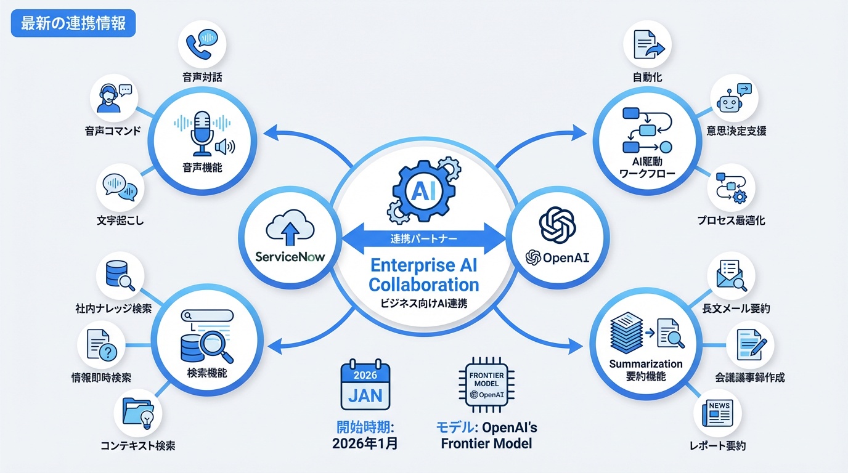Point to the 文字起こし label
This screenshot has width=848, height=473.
(x=120, y=219)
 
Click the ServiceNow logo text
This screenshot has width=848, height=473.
(x=290, y=256)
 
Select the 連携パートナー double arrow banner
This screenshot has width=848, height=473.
(x=422, y=237)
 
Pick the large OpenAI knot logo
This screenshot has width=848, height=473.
(x=557, y=224)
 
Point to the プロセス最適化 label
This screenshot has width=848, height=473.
(x=732, y=219)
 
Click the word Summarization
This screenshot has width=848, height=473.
(x=646, y=363)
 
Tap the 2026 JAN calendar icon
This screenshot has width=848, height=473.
(x=365, y=386)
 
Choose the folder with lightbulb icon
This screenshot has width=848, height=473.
(x=137, y=414)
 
